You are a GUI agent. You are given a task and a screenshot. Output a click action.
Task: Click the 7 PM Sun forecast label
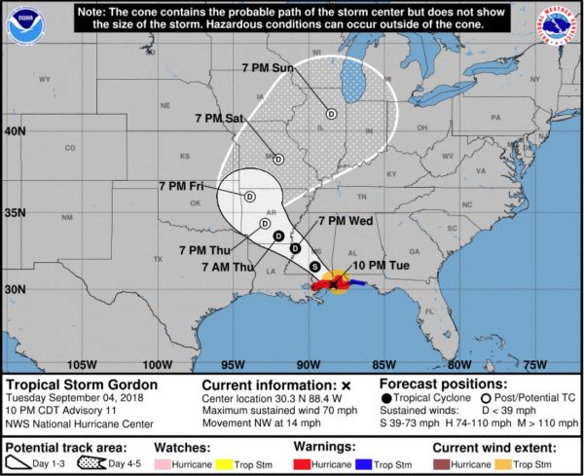pyautogui.click(x=268, y=67)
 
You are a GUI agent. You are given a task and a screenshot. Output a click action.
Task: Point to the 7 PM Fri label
pyautogui.click(x=183, y=185)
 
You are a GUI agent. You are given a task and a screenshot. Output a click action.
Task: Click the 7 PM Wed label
pyautogui.click(x=346, y=221)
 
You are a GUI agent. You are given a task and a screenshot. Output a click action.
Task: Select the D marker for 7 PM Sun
pyautogui.click(x=331, y=114)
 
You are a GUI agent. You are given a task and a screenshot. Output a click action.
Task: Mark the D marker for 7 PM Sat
pyautogui.click(x=278, y=160)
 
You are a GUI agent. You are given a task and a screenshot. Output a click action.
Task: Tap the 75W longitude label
pyautogui.click(x=534, y=364)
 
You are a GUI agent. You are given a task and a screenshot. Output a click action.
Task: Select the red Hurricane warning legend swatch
pyautogui.click(x=305, y=463)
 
